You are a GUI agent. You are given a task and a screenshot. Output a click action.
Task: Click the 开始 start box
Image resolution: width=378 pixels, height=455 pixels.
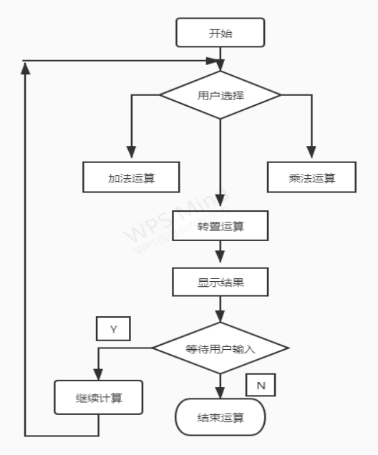point(220,32)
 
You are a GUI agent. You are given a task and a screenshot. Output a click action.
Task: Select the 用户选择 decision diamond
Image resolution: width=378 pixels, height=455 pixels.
point(220,94)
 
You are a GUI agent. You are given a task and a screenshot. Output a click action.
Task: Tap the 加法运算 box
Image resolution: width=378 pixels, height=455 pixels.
point(130,177)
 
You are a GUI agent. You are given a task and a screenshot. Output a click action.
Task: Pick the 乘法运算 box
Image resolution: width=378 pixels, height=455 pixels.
point(311,177)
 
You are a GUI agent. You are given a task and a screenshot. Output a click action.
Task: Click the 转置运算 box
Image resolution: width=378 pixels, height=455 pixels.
point(220,227)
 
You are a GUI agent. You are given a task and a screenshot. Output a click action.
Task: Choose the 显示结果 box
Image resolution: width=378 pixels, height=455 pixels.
point(220,281)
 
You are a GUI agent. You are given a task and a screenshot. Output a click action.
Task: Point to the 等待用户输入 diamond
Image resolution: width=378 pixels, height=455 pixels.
point(220,348)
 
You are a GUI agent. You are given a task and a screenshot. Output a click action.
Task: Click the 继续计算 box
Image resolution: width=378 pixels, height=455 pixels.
point(98,397)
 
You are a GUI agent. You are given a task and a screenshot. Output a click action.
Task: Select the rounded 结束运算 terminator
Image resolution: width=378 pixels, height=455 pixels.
point(220,417)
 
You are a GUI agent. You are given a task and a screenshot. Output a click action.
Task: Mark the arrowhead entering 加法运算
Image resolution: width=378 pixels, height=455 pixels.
point(130,152)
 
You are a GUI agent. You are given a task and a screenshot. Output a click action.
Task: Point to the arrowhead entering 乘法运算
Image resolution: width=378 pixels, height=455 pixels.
point(312,152)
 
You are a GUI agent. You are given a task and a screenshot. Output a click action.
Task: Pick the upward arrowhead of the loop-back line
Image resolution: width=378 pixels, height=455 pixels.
point(26,66)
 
